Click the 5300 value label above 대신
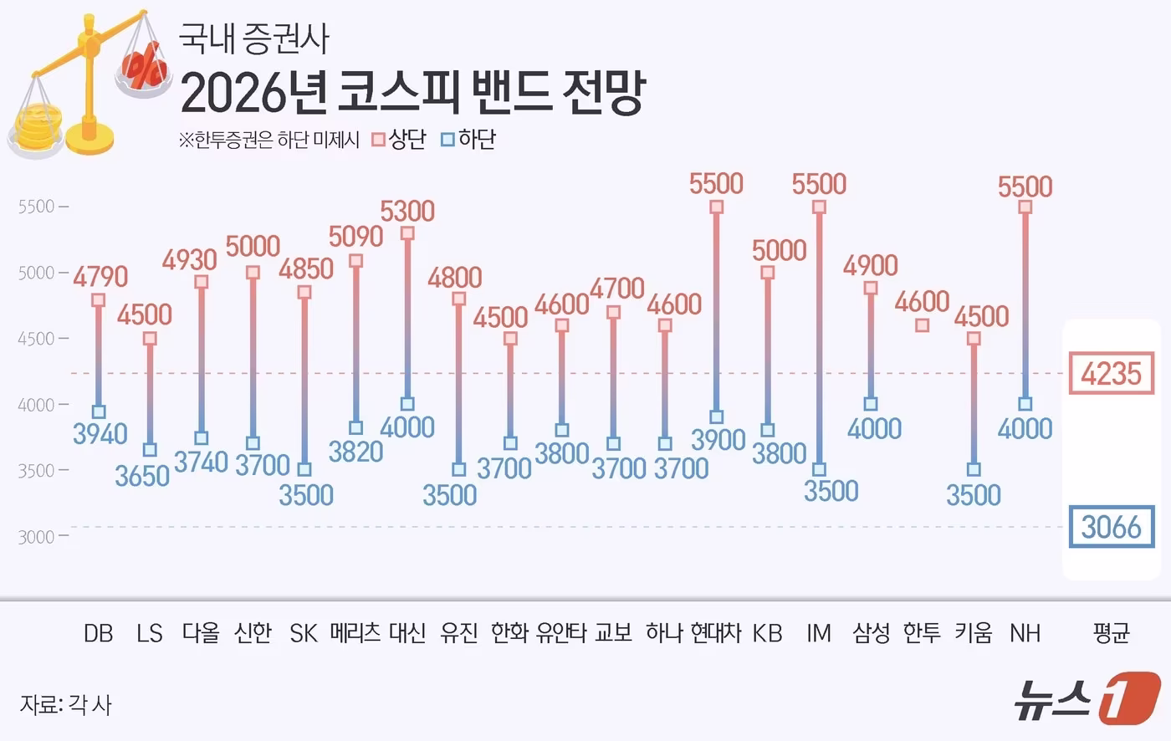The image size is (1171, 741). [407, 211]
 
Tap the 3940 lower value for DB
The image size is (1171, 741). [100, 433]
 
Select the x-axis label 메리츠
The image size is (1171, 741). [355, 633]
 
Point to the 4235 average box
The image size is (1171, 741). [1111, 373]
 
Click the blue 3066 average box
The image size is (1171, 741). [1111, 527]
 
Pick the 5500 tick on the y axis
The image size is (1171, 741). [36, 207]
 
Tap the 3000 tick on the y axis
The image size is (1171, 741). [36, 537]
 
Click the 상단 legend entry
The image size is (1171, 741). [399, 140]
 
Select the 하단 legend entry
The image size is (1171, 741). [468, 140]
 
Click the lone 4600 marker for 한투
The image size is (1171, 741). [922, 325]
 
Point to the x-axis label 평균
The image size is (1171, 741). [1111, 633]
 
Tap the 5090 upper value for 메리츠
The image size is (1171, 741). [355, 237]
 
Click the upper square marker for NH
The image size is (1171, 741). [1025, 207]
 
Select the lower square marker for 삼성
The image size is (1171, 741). [871, 404]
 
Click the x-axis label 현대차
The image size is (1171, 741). [717, 633]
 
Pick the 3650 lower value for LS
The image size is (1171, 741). [142, 476]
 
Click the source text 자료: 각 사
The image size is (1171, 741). [65, 704]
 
